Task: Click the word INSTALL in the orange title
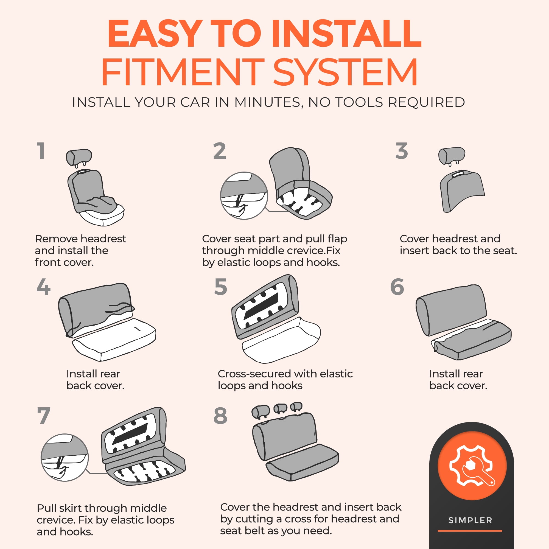346,33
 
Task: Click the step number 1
41,151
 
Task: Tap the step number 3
402,151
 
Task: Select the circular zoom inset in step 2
244,195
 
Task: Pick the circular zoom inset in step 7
65,457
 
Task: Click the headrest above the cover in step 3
452,156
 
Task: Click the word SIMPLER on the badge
470,520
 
